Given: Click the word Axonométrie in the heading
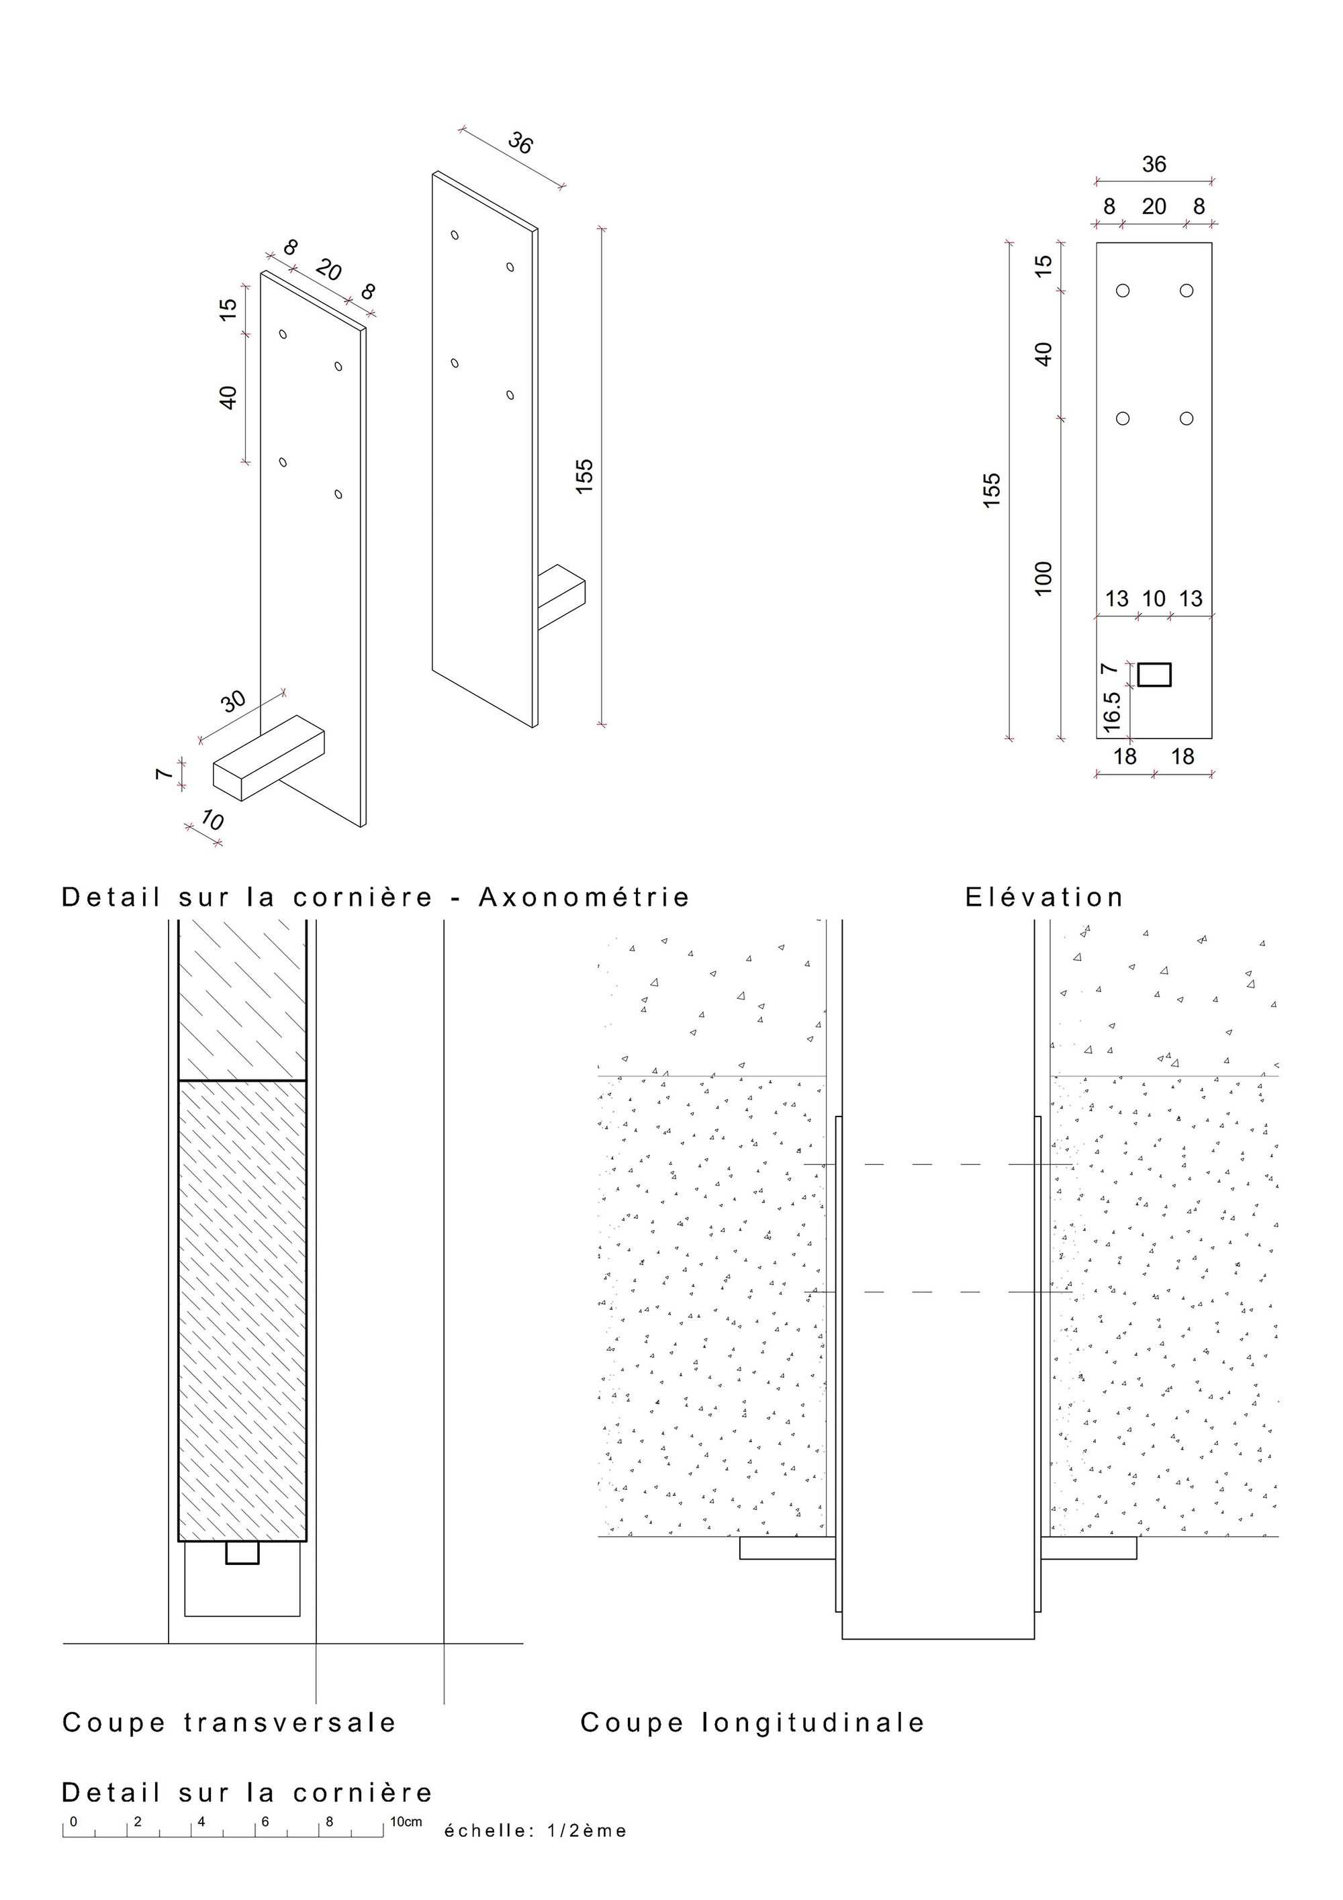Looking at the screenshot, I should (584, 897).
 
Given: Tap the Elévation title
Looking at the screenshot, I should (1044, 897).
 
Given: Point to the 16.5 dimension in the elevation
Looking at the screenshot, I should (1111, 710).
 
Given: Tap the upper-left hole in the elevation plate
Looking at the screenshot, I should (1123, 291).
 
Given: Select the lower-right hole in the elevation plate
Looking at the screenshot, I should (1187, 419).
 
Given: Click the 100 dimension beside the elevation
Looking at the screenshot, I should (1044, 577).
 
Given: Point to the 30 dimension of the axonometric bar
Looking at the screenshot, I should (234, 701).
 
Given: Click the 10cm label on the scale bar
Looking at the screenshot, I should (406, 1821).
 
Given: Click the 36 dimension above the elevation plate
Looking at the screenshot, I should (1154, 164).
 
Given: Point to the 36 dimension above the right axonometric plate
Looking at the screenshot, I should (520, 143).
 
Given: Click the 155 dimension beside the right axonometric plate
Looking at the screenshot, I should (584, 476).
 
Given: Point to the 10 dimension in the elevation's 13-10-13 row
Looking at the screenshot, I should (1154, 598).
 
